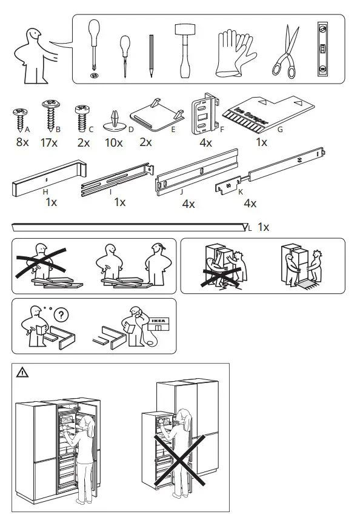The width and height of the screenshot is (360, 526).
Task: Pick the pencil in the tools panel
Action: coord(150,55)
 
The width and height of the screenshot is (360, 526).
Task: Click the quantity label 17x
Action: coord(50,143)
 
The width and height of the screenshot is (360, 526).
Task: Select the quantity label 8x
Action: coord(22,143)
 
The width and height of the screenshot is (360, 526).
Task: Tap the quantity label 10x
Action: coord(113,143)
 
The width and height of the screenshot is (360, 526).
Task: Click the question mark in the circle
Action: coord(61,315)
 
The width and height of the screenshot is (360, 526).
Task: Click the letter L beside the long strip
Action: coord(250,228)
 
